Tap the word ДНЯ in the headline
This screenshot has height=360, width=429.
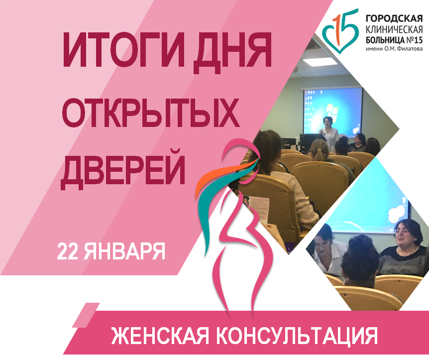pos(232,52)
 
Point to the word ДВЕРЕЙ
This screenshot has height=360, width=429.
pos(123,169)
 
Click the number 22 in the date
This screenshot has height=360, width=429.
pos(68,251)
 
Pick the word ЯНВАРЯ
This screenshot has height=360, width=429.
pos(124,251)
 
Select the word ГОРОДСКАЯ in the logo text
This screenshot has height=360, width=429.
pos(394,19)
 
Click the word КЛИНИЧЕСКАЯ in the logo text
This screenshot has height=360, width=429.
pos(394,29)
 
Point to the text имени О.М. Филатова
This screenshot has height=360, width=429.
pos(394,49)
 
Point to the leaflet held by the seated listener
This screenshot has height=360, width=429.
pos(256,210)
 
